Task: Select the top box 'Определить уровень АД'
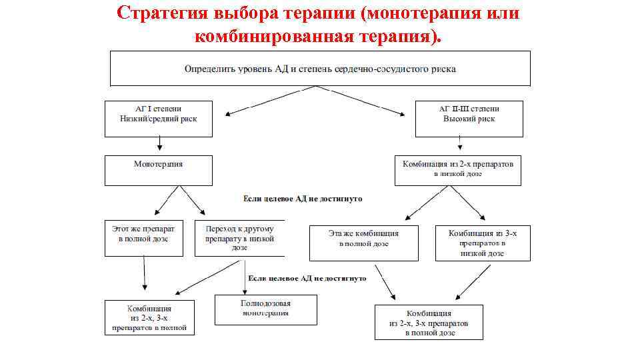click(x=320, y=69)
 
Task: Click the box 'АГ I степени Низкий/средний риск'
click(x=158, y=119)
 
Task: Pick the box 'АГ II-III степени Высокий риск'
click(x=468, y=119)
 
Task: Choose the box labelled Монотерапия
click(x=158, y=170)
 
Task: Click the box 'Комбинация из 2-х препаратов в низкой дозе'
click(x=458, y=170)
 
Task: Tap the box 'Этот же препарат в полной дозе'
click(x=143, y=237)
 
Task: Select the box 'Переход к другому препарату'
click(x=239, y=237)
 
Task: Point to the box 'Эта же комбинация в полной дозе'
click(x=363, y=243)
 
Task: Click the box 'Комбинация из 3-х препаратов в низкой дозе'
click(x=483, y=243)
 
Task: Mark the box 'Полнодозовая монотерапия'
click(x=265, y=309)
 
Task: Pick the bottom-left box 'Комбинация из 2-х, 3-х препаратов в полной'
click(x=149, y=317)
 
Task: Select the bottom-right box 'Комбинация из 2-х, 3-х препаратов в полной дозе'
click(x=429, y=322)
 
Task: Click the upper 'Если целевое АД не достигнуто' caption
click(x=303, y=199)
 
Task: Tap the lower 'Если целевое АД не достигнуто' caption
click(x=307, y=278)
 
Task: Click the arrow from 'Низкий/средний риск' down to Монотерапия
click(x=160, y=143)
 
